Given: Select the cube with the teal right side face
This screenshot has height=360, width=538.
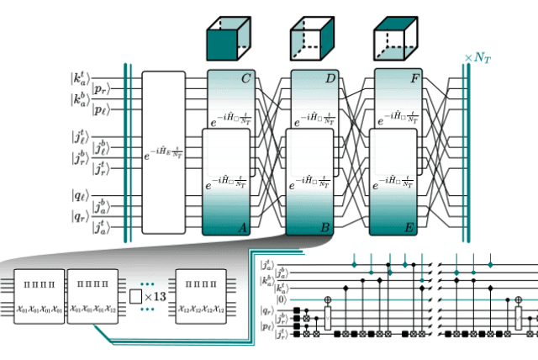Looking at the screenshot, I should [x=313, y=40].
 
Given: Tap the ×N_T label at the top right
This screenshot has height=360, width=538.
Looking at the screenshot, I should [x=479, y=57].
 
